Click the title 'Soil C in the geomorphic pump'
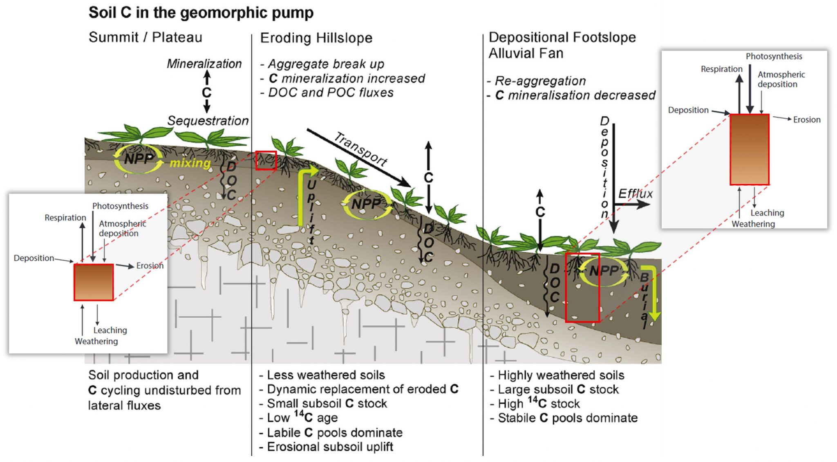point(201,13)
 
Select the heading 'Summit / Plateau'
point(145,37)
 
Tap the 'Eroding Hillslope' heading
point(316,38)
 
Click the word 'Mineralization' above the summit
point(204,64)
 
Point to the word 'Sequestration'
point(208,121)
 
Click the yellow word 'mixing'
point(190,163)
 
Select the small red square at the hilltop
point(266,160)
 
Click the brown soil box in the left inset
point(94,282)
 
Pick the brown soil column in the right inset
point(749,149)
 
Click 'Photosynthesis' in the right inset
point(774,56)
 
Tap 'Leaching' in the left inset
point(110,330)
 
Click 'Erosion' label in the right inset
point(806,120)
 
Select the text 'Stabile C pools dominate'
point(567,418)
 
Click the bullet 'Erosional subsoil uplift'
point(329,447)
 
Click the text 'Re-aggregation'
point(540,81)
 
